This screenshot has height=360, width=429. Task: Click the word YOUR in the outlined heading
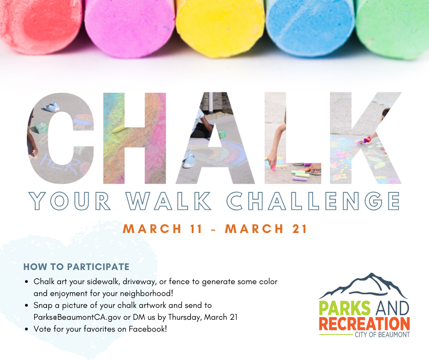coord(70,201)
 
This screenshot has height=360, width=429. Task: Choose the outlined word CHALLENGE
coord(313,201)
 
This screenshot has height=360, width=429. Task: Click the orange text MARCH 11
coord(162,229)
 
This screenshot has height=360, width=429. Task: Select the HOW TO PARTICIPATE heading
coord(76,267)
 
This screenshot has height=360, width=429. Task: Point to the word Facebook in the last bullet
coord(148,328)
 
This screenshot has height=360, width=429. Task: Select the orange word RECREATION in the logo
coord(364,324)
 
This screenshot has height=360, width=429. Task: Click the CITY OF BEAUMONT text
coord(382,335)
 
